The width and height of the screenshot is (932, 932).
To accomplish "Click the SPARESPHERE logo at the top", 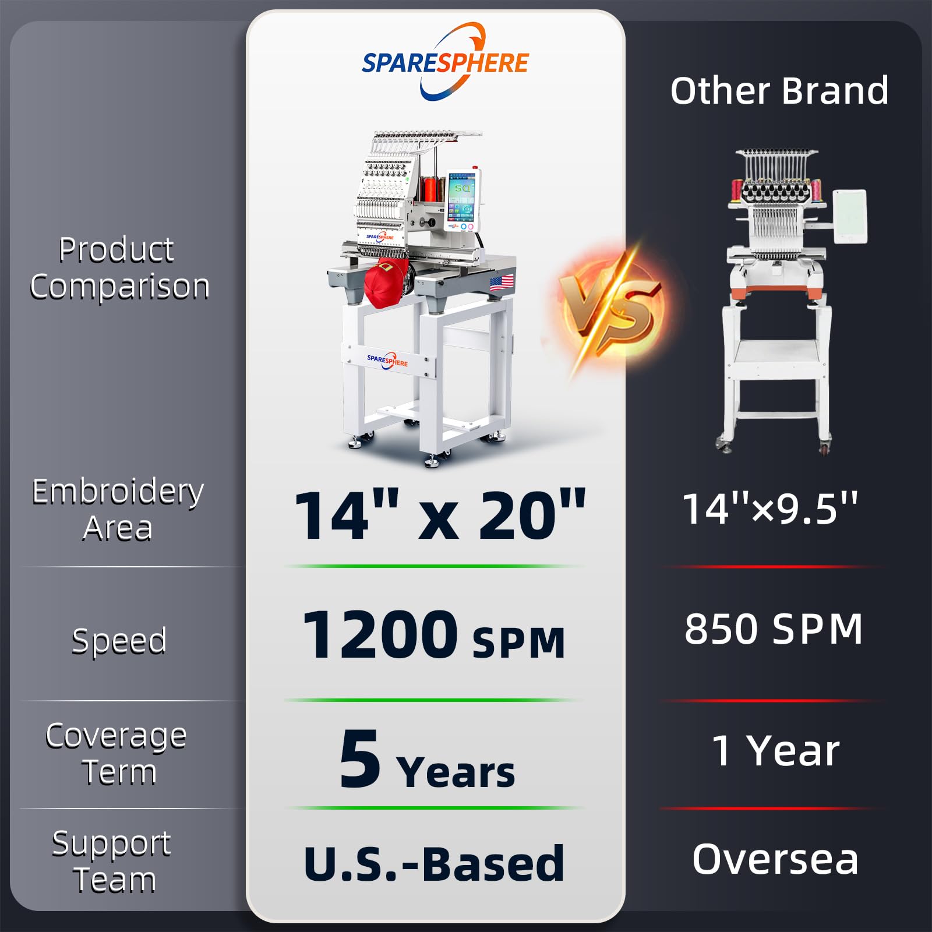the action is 445,61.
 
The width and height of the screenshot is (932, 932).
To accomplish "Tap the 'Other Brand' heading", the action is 779,91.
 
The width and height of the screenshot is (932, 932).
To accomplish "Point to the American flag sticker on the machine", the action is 502,283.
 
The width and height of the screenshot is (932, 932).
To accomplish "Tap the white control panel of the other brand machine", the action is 850,216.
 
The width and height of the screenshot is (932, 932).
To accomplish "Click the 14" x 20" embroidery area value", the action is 440,515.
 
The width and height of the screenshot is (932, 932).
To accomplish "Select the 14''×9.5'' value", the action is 770,509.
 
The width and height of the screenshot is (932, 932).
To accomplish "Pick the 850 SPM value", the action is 774,629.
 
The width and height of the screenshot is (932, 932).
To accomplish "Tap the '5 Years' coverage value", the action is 427,760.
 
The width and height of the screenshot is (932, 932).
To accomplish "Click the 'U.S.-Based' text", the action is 434,863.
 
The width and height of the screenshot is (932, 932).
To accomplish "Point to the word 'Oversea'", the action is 775,859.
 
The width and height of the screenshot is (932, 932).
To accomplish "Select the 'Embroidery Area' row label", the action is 118,510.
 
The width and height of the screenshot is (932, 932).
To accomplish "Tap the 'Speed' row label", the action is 119,641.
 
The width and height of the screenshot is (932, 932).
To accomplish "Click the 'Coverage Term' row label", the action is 116,754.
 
